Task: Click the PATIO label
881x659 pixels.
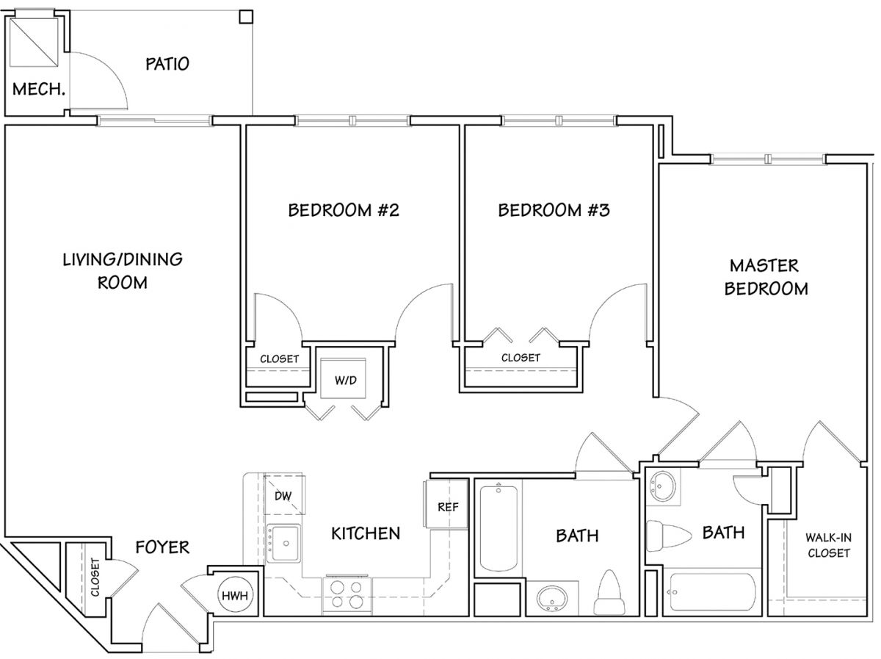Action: pos(167,64)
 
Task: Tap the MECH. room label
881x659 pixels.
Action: pos(38,89)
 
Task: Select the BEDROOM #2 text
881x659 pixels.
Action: pos(344,210)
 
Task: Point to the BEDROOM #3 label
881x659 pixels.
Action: pos(554,210)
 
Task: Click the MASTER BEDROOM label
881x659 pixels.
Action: pos(766,277)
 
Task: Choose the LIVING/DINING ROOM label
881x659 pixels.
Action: pos(123,271)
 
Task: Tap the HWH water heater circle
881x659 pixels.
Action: pos(235,595)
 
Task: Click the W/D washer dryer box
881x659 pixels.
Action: pos(343,378)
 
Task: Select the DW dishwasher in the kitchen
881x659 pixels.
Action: pos(284,494)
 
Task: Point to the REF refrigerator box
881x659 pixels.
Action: pos(446,505)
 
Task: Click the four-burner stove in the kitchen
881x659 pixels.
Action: pos(347,595)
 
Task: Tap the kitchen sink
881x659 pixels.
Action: pos(283,544)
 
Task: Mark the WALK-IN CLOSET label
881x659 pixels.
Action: pos(828,545)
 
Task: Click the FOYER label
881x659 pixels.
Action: pos(162,547)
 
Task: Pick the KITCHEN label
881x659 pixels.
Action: pos(366,533)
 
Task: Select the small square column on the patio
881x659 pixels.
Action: pos(246,17)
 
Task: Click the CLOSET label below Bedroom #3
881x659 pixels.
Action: pos(521,357)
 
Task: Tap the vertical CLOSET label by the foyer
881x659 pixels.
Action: pos(95,577)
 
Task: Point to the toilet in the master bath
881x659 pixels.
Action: pos(669,536)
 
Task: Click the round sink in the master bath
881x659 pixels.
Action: pos(663,486)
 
